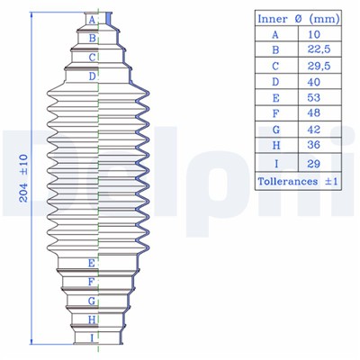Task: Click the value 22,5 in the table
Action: (319, 49)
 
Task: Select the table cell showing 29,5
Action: (319, 66)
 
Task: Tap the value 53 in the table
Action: (314, 97)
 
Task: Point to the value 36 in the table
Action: (314, 145)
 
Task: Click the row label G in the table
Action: (276, 130)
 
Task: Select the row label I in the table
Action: (276, 164)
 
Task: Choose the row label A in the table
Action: (275, 35)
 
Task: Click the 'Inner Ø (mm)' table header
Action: (299, 19)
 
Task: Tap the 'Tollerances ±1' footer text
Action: (298, 181)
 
